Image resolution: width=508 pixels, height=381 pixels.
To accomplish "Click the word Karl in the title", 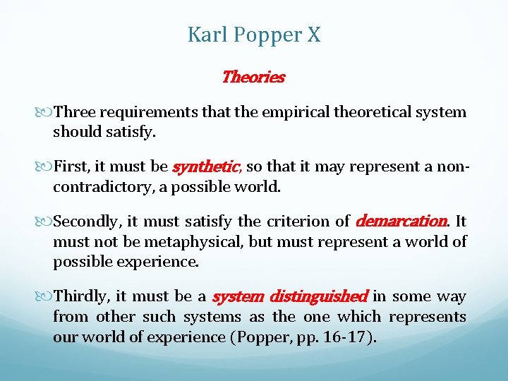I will click(x=205, y=35).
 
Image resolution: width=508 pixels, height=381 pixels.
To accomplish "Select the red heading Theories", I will click(x=253, y=77).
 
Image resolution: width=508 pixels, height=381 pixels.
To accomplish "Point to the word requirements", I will click(x=144, y=112).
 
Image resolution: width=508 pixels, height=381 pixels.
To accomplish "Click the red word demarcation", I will click(x=401, y=222).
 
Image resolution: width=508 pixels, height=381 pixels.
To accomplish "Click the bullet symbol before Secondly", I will click(x=47, y=222).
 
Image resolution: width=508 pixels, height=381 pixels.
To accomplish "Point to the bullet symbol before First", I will click(x=47, y=167).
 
